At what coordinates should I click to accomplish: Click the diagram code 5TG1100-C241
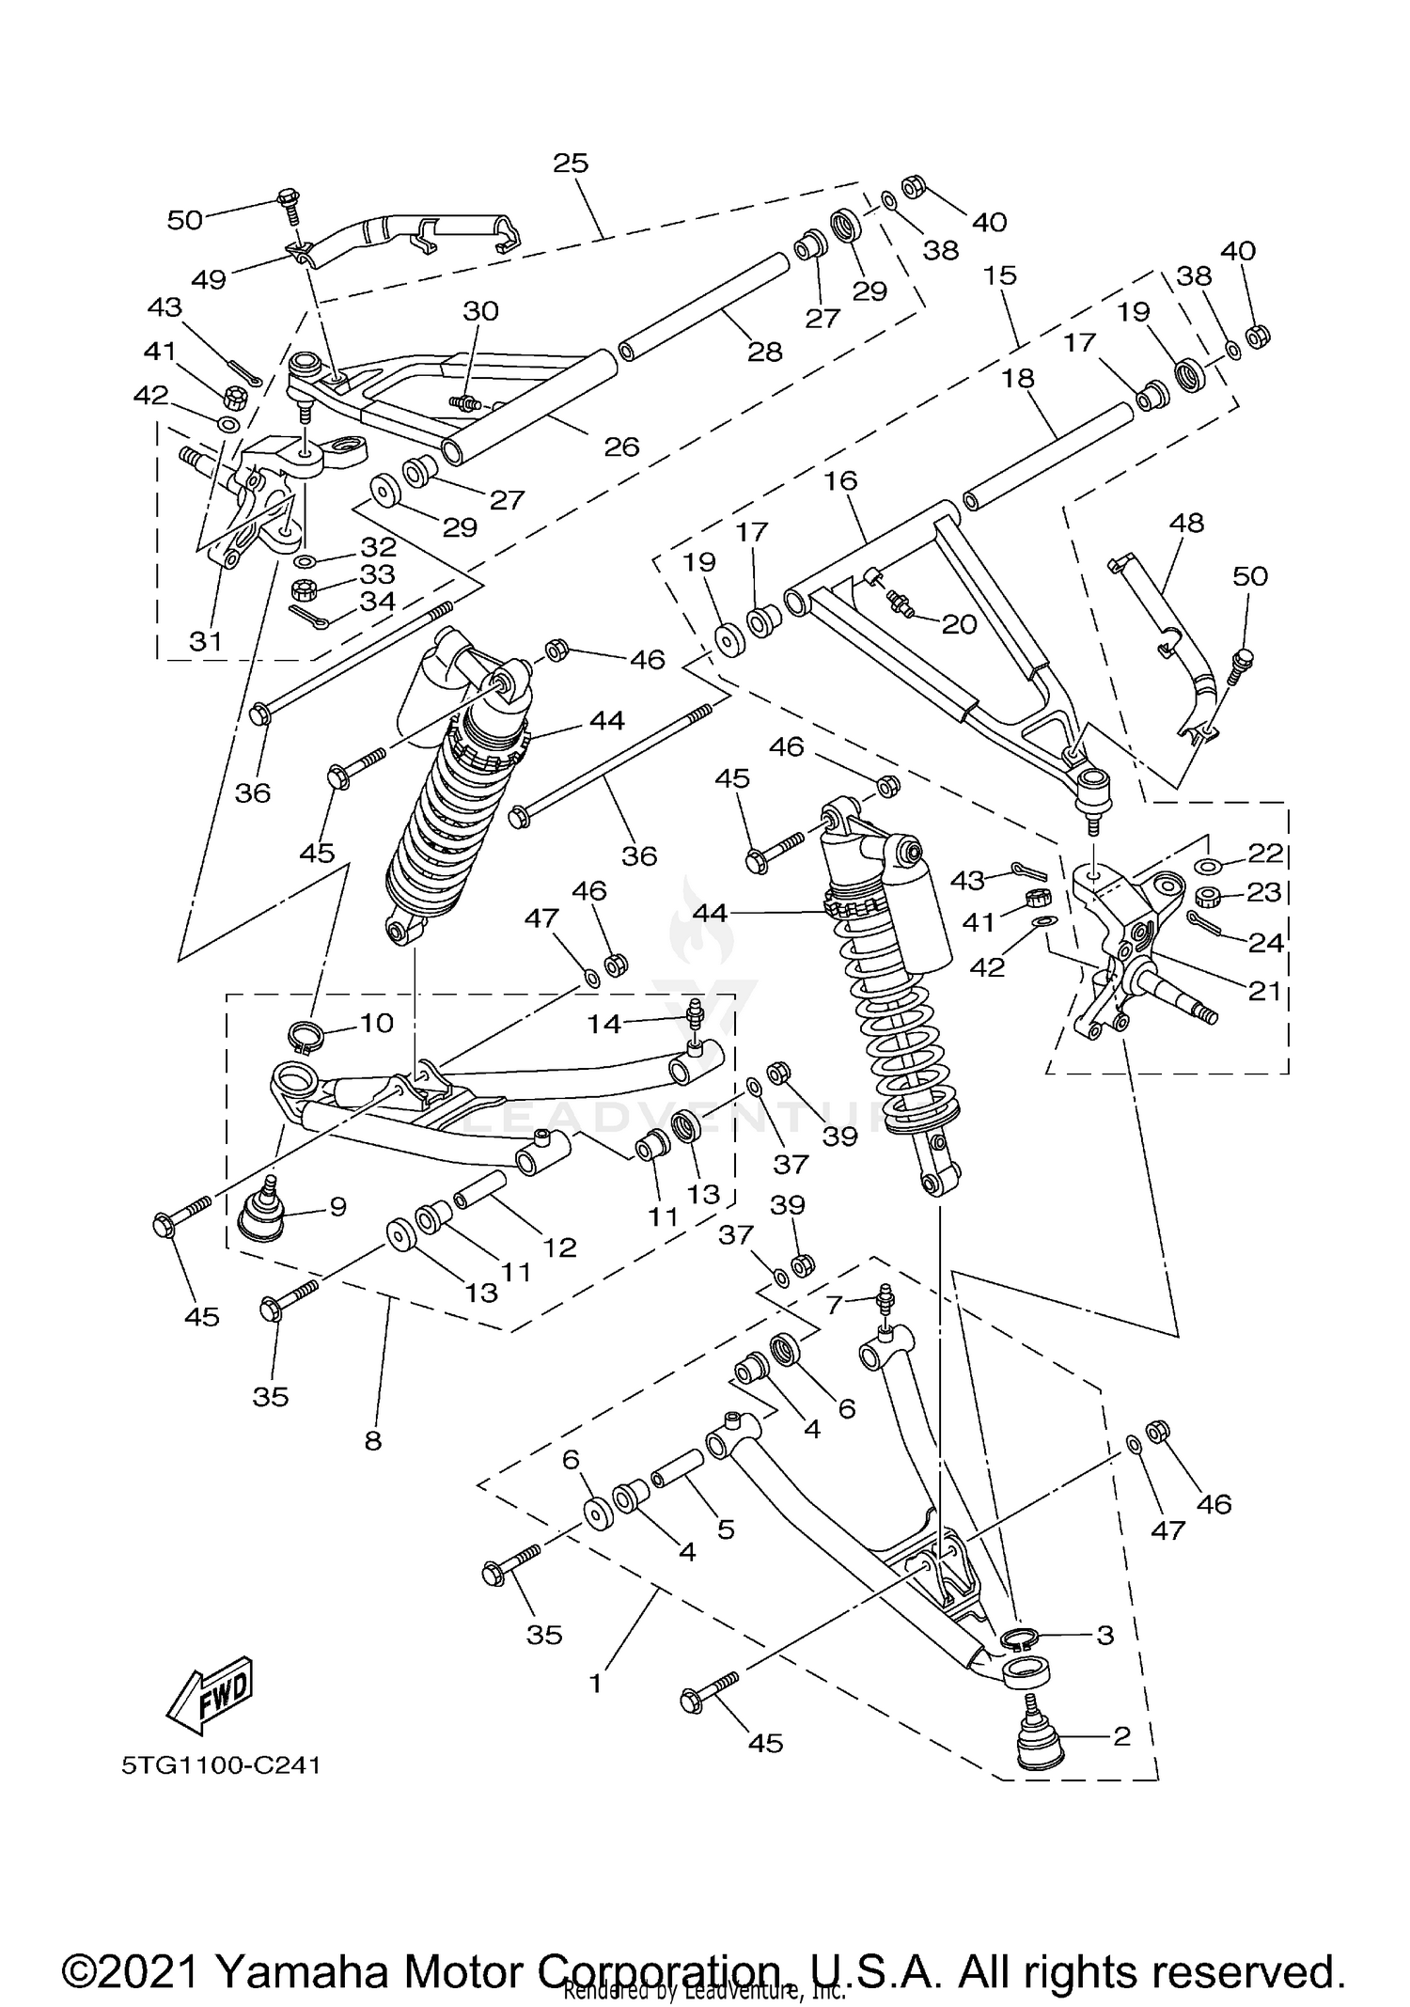pyautogui.click(x=221, y=1765)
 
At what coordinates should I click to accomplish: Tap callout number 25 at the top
pyautogui.click(x=571, y=163)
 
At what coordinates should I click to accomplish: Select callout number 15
pyautogui.click(x=1001, y=275)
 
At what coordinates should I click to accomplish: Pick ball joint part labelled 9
pyautogui.click(x=262, y=1215)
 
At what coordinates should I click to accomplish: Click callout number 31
pyautogui.click(x=206, y=641)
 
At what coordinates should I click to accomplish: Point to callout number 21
pyautogui.click(x=1264, y=990)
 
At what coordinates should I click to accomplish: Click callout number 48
pyautogui.click(x=1187, y=523)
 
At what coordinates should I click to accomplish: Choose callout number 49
pyautogui.click(x=209, y=279)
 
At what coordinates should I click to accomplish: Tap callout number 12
pyautogui.click(x=559, y=1247)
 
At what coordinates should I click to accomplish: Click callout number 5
pyautogui.click(x=725, y=1529)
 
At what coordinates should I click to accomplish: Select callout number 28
pyautogui.click(x=764, y=352)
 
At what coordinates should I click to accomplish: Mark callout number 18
pyautogui.click(x=1018, y=378)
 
